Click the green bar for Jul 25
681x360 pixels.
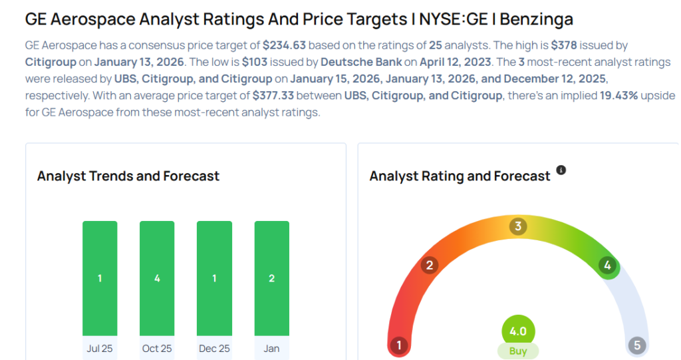(x=100, y=278)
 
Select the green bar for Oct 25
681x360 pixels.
(x=157, y=278)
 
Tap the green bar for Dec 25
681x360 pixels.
(x=214, y=278)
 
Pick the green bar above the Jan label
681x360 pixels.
(x=271, y=278)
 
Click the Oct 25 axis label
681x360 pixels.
(x=157, y=348)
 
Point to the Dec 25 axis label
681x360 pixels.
(x=214, y=348)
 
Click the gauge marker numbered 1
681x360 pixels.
(x=399, y=345)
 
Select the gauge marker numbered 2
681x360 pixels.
(x=430, y=266)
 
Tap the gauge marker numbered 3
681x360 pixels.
(x=517, y=226)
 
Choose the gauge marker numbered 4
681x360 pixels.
(x=607, y=266)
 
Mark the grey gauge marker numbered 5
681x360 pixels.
(x=637, y=345)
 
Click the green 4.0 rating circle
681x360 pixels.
(x=518, y=331)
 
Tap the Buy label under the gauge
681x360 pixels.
(x=518, y=351)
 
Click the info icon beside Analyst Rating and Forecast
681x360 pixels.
(x=561, y=170)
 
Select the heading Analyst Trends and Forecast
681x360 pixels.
(x=128, y=176)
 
